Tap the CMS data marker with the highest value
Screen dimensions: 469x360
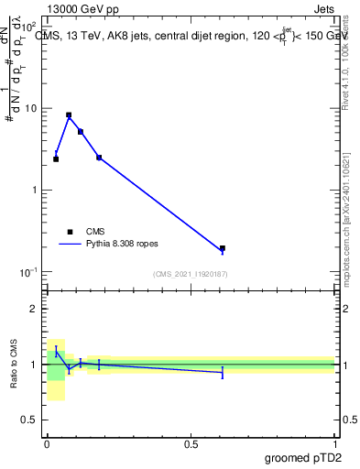(x=69, y=115)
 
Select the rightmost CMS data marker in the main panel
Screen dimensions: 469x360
(x=223, y=248)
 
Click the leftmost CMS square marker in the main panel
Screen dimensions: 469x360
(x=56, y=159)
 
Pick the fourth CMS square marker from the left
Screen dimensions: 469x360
(x=99, y=158)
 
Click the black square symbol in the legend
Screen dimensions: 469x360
(x=70, y=232)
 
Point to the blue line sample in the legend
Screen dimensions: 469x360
(x=70, y=245)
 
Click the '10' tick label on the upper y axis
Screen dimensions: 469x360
(x=31, y=108)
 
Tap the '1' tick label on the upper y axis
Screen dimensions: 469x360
(x=35, y=190)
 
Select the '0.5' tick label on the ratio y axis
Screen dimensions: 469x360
(x=29, y=420)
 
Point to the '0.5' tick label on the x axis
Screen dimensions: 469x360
(x=191, y=443)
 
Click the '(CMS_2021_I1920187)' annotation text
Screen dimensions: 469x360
(x=191, y=274)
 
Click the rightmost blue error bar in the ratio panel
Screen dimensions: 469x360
(x=223, y=372)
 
